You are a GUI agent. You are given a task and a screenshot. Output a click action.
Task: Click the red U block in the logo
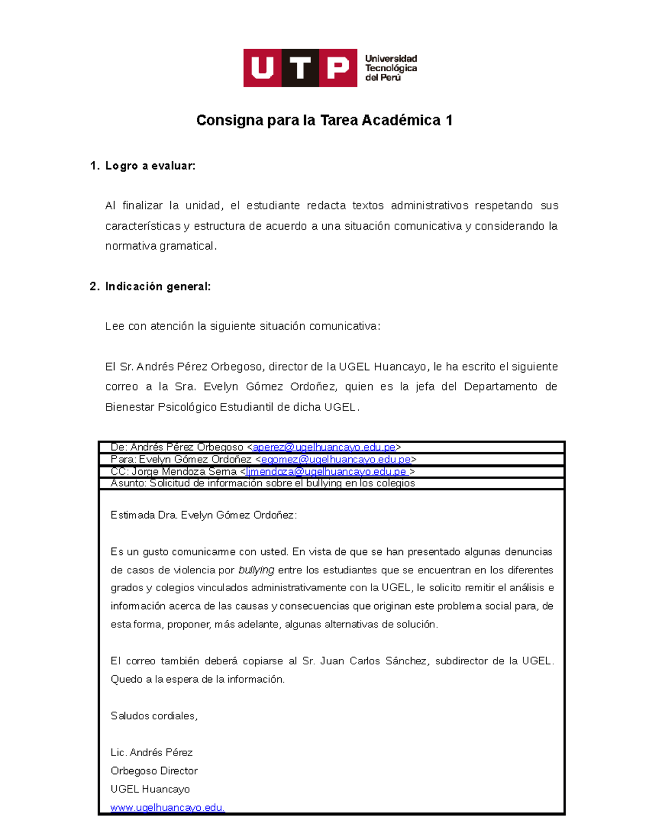(x=262, y=68)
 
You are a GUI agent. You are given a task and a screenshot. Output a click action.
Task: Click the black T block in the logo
(x=300, y=68)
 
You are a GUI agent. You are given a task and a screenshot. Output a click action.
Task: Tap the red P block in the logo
(x=338, y=68)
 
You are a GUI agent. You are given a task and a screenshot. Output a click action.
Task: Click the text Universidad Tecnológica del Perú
(x=390, y=68)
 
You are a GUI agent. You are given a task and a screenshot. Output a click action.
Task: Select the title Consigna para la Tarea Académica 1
(x=324, y=120)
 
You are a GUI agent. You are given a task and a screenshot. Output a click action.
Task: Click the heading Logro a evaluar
(x=150, y=166)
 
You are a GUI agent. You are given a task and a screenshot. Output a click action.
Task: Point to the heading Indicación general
(x=157, y=287)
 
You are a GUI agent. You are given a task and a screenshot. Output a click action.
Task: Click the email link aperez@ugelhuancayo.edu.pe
(x=324, y=447)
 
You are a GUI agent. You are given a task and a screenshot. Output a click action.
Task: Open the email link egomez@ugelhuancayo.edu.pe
(x=336, y=459)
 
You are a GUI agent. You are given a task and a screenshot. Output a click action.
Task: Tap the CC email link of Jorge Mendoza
(x=326, y=472)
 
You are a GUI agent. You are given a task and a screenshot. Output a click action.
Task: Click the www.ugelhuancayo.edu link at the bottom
(x=167, y=808)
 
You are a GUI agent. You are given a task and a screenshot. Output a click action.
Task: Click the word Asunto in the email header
(x=128, y=483)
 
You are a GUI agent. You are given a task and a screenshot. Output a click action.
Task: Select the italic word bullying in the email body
(x=256, y=570)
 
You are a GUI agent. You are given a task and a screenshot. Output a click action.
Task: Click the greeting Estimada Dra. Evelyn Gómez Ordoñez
(x=203, y=515)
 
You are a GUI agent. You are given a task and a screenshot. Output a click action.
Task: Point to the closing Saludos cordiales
(x=154, y=716)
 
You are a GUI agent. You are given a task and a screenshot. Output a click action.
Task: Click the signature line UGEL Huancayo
(x=150, y=789)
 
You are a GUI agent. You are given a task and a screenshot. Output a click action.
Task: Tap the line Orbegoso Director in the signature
(x=154, y=771)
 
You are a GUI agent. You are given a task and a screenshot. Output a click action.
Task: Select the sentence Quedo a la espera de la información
(x=197, y=679)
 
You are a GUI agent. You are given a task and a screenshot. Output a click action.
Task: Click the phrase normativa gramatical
(x=161, y=246)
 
